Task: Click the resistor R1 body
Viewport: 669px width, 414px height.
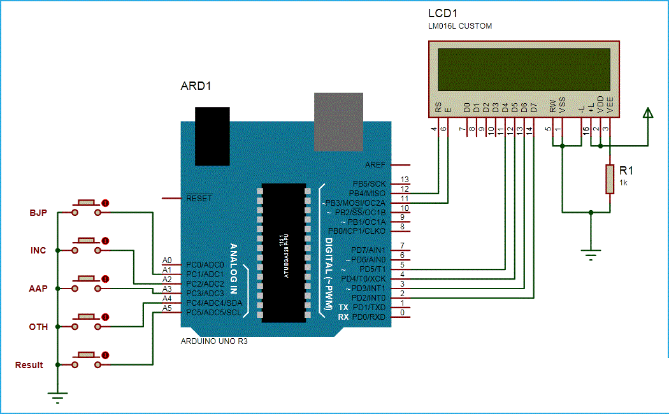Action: tap(610, 179)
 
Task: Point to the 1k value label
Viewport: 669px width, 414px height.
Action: tap(623, 182)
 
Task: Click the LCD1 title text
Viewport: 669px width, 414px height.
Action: tap(443, 13)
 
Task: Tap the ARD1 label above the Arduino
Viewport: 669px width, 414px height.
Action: tap(196, 86)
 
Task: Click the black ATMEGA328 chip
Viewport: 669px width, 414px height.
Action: tap(283, 252)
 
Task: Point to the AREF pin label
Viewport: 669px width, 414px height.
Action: tap(375, 164)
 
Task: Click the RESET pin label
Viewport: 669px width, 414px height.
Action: tap(199, 199)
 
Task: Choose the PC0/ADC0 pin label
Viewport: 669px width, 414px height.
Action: tap(205, 264)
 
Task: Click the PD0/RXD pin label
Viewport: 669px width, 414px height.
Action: tap(369, 317)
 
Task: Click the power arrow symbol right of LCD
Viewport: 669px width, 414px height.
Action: tap(648, 115)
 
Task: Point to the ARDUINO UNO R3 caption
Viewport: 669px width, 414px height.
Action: tap(215, 341)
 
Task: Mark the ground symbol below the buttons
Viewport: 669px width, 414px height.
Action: tap(57, 399)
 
